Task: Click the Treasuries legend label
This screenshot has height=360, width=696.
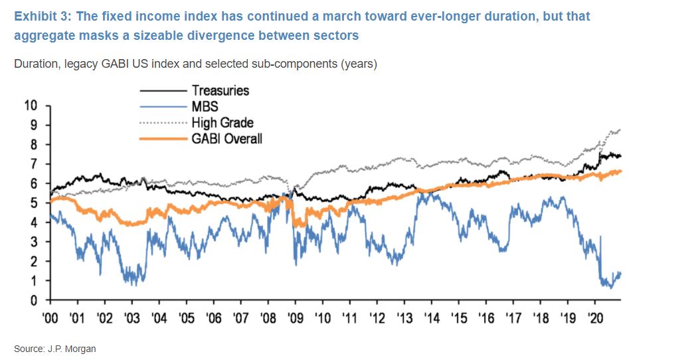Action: (x=220, y=90)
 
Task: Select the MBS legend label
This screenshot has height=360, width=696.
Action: (x=205, y=106)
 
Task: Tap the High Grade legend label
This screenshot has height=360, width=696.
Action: (x=222, y=122)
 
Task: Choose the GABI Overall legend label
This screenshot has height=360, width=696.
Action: (x=227, y=139)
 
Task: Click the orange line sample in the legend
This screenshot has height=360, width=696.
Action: (x=163, y=139)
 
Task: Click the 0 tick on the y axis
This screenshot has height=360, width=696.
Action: (x=37, y=300)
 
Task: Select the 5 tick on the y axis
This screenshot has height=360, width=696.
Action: (x=37, y=203)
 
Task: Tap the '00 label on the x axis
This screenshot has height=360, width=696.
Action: (x=50, y=317)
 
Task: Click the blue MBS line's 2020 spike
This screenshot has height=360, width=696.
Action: (x=600, y=237)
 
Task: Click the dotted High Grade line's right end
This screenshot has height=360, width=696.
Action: (x=620, y=130)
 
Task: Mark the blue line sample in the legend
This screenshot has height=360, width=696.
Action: (x=163, y=106)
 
